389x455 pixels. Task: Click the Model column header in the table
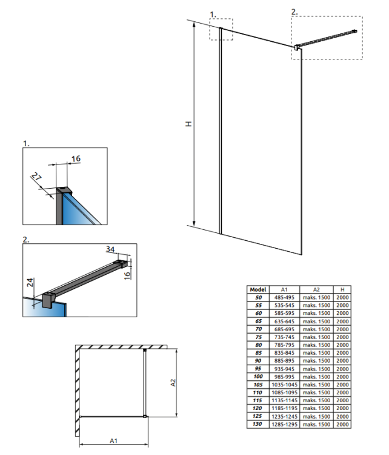[x=258, y=289]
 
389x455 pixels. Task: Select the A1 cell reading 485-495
[x=284, y=297]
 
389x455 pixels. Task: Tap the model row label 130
[x=258, y=424]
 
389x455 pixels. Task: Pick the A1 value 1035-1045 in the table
[x=284, y=385]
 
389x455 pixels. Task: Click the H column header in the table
[x=342, y=289]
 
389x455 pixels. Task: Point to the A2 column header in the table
[x=316, y=289]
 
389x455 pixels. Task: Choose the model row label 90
[x=258, y=361]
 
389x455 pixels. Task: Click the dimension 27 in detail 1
[x=37, y=177]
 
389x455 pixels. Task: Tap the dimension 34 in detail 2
[x=110, y=249]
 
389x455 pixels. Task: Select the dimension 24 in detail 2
[x=30, y=282]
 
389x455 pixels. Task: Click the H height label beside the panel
[x=188, y=124]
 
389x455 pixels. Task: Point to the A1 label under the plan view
[x=114, y=441]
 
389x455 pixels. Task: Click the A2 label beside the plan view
[x=173, y=383]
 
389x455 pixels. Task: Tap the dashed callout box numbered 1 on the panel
[x=221, y=29]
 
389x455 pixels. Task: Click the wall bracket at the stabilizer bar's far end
[x=354, y=31]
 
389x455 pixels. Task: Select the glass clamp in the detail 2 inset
[x=48, y=300]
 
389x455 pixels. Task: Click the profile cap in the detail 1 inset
[x=64, y=190]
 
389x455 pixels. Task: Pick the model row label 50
[x=258, y=297]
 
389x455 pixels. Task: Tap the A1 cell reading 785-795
[x=284, y=345]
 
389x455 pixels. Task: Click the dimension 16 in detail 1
[x=76, y=159]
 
